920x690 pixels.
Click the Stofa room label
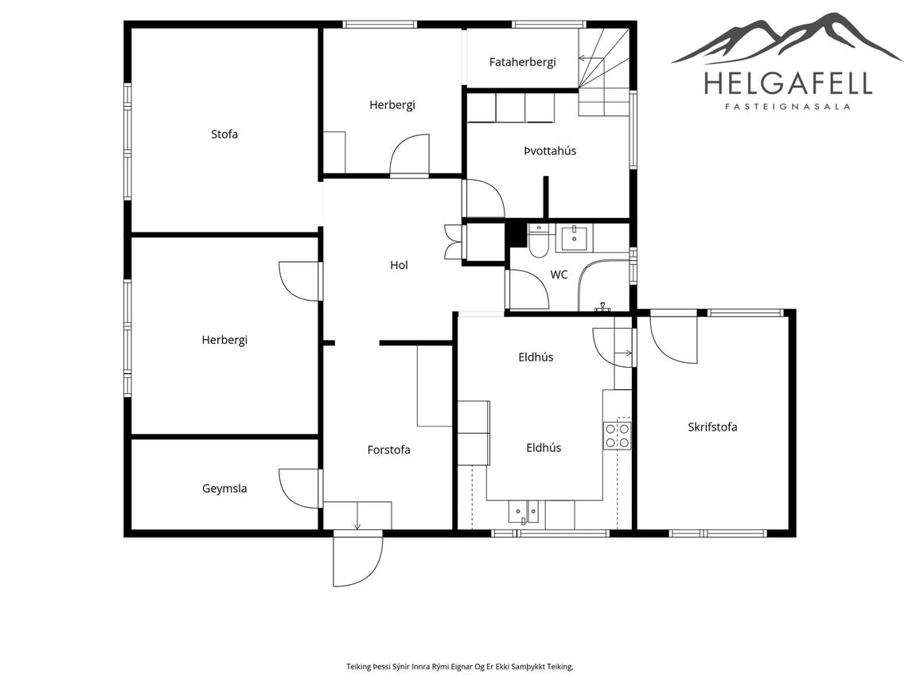click(224, 134)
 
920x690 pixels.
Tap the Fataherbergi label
click(522, 62)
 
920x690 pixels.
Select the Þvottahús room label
click(550, 150)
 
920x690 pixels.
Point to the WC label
click(559, 275)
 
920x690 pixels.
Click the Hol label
click(399, 265)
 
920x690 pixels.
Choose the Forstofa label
click(388, 450)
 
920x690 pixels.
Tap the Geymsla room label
click(224, 489)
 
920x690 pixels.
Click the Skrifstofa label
click(712, 427)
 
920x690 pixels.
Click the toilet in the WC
click(538, 240)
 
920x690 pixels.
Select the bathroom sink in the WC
click(574, 238)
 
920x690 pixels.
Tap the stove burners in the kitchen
click(618, 435)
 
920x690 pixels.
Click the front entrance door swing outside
click(358, 559)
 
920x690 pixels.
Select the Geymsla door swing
click(300, 488)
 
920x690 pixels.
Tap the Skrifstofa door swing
click(673, 341)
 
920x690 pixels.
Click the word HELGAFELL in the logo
click(788, 84)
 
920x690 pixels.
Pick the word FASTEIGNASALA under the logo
click(788, 107)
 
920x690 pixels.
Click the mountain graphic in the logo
click(786, 38)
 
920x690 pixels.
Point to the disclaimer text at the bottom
click(459, 667)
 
